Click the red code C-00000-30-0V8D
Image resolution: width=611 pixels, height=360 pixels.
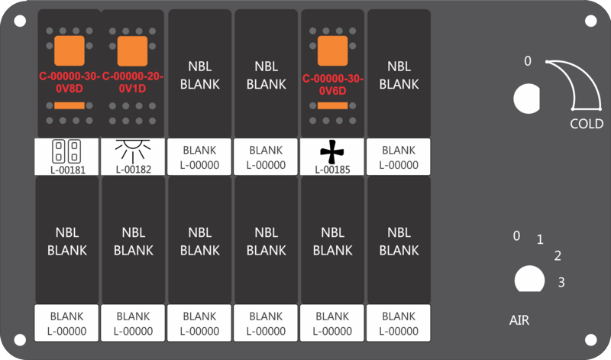(70, 83)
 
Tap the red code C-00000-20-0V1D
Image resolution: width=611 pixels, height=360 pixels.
(132, 83)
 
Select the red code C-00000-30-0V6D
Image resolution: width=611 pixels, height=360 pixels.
(333, 85)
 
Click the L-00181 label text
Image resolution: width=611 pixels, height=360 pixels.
(68, 170)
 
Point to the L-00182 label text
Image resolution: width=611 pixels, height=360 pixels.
(133, 169)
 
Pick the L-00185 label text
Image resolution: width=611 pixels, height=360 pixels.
(332, 170)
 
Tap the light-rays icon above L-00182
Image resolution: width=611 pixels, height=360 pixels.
(133, 151)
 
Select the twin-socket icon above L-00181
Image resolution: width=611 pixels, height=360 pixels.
(66, 151)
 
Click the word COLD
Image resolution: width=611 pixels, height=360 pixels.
(587, 124)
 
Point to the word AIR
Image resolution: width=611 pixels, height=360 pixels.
(519, 320)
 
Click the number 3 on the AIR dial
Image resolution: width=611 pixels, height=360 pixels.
(561, 282)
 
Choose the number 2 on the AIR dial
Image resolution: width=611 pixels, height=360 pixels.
(558, 256)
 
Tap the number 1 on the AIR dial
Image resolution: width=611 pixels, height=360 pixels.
(540, 239)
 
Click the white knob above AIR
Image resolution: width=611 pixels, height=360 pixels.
(529, 279)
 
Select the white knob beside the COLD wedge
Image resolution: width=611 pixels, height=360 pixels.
(527, 99)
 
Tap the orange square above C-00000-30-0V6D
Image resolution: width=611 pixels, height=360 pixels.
(333, 51)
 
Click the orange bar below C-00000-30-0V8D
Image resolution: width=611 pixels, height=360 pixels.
(70, 105)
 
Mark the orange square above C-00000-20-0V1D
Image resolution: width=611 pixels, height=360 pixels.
(132, 51)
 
